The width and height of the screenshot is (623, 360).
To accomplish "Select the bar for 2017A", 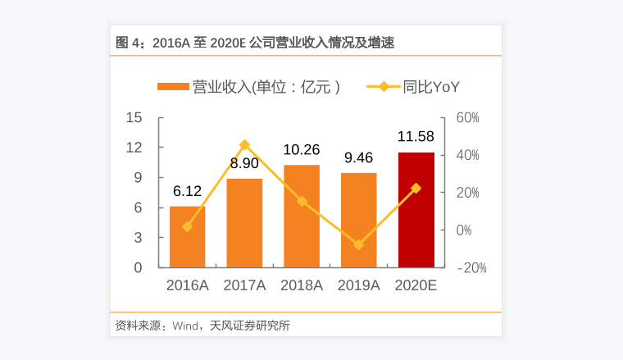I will tap(244, 222).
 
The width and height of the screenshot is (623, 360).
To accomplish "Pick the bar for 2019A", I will tap(359, 220).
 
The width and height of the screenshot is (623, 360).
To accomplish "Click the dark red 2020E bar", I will tap(416, 210).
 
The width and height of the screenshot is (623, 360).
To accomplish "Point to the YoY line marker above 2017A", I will tap(244, 145).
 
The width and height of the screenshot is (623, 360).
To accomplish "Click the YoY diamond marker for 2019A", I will tap(359, 244).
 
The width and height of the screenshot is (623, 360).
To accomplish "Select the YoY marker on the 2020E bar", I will tap(416, 189).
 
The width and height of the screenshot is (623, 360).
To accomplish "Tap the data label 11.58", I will tap(416, 137).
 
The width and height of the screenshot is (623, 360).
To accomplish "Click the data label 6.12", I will tap(187, 191).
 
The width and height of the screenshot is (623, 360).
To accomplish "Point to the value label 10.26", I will tap(302, 150).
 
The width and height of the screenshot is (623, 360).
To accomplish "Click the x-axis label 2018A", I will tap(302, 286).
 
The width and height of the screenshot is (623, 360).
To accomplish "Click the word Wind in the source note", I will tap(186, 326).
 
